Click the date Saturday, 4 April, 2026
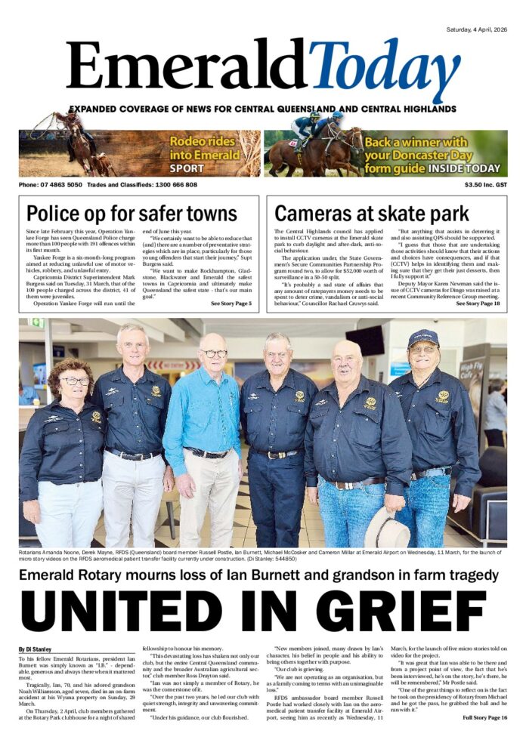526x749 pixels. tap(466, 29)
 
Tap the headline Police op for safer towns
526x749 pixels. tap(131, 214)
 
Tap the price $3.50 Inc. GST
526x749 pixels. tap(486, 184)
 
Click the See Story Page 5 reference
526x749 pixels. tap(231, 303)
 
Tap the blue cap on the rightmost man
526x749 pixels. tap(423, 338)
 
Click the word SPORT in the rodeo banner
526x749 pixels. tap(187, 168)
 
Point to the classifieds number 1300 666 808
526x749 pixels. tap(173, 184)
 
